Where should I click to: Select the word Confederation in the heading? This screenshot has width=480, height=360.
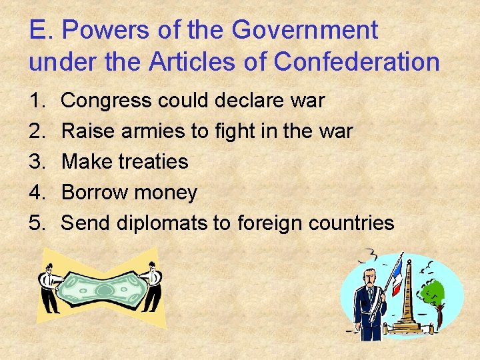pyautogui.click(x=357, y=62)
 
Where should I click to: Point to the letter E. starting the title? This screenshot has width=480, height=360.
pyautogui.click(x=39, y=30)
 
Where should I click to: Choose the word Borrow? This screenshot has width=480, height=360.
pyautogui.click(x=95, y=193)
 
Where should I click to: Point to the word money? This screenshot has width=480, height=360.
pyautogui.click(x=166, y=193)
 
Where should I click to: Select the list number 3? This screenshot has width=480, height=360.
pyautogui.click(x=36, y=162)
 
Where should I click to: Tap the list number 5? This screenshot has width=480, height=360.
pyautogui.click(x=36, y=223)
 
